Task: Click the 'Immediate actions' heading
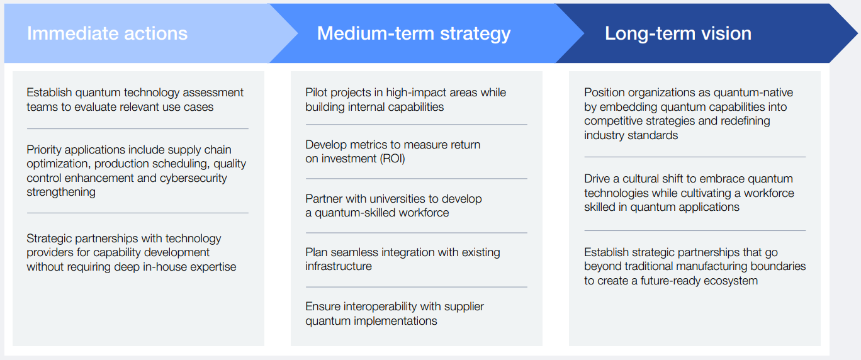pos(107,33)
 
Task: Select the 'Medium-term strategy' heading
pos(414,33)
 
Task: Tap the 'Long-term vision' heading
pos(678,33)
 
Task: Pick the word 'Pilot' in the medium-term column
pos(317,93)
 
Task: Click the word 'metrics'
pos(373,145)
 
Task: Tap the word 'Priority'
pos(46,150)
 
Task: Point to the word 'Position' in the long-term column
pos(605,93)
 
